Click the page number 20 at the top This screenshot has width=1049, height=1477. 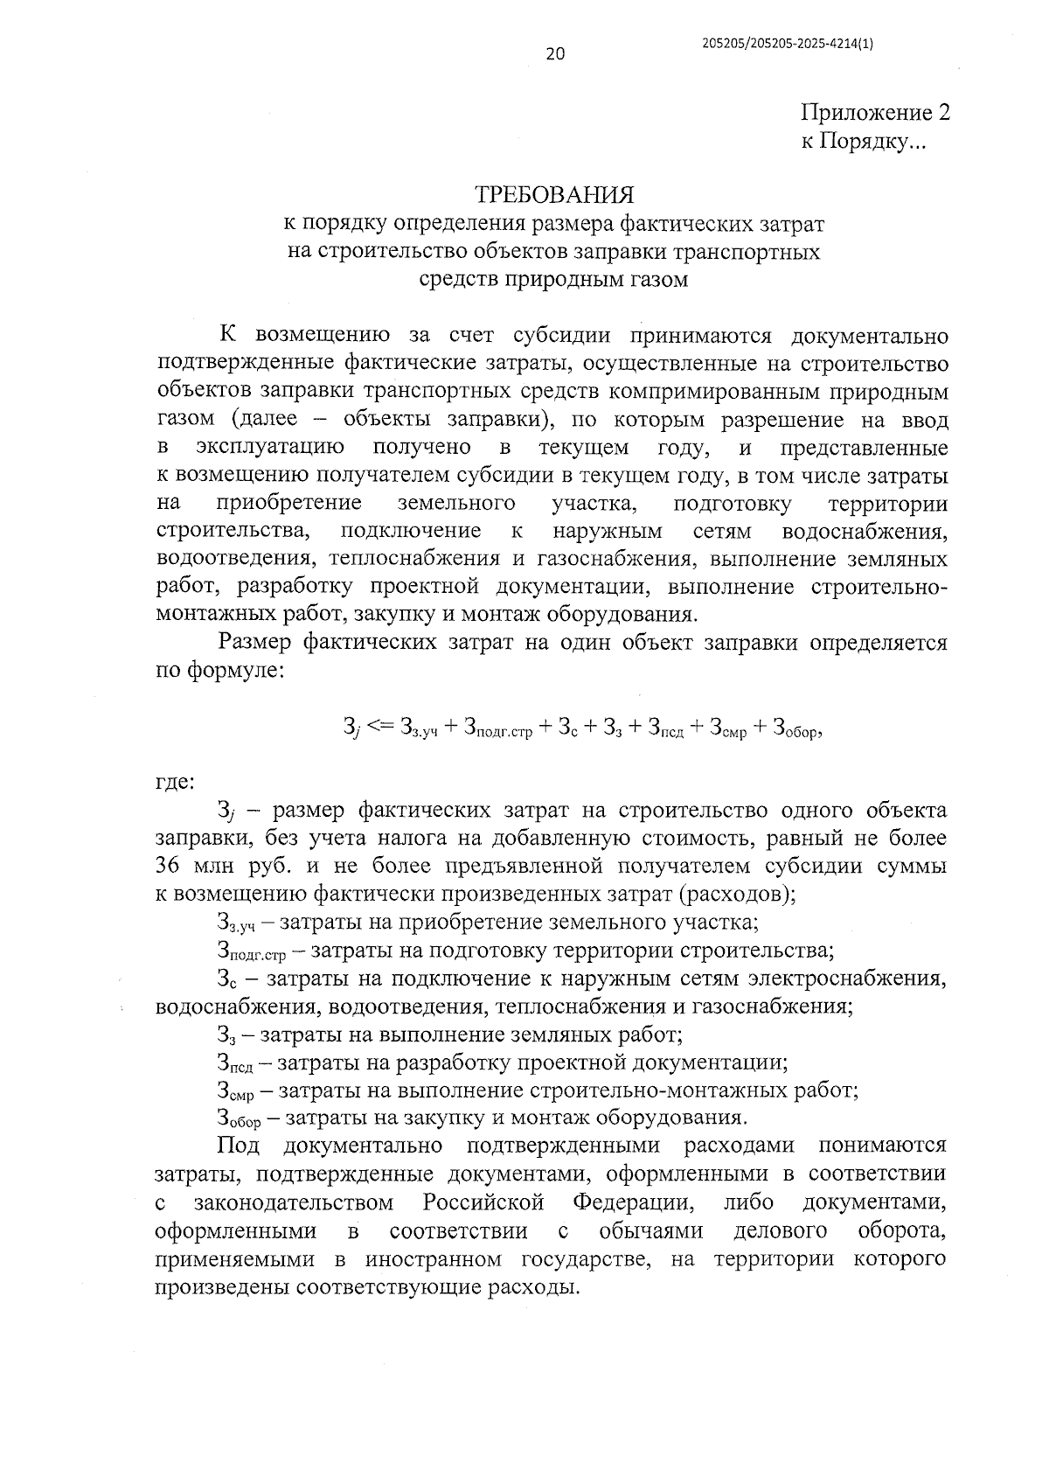point(555,54)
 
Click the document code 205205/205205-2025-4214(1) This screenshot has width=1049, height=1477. point(787,41)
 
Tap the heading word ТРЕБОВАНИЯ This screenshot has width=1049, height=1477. point(552,193)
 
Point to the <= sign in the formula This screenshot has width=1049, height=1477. point(382,725)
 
